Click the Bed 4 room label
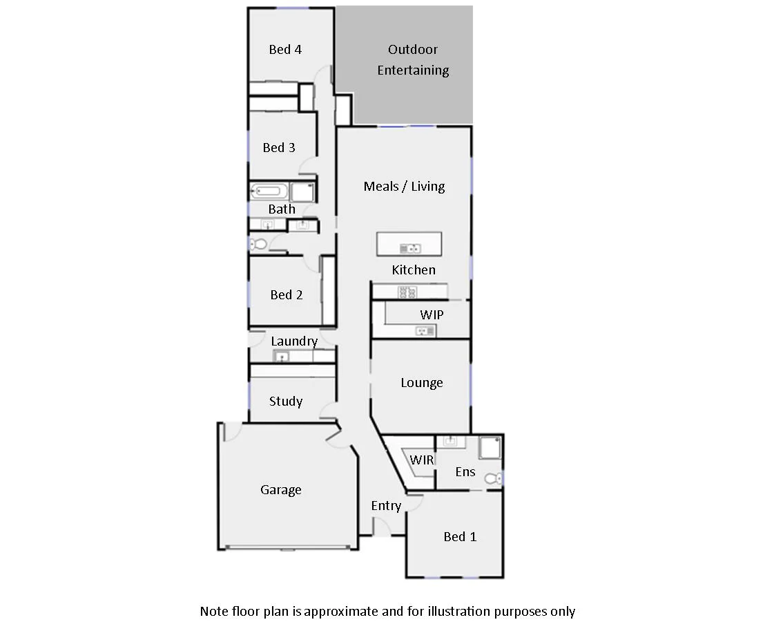[x=285, y=49]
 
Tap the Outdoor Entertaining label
[x=413, y=59]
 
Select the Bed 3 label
[x=279, y=147]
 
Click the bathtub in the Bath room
[x=268, y=191]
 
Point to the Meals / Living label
[x=404, y=186]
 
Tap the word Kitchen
[x=414, y=270]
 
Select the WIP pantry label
[x=432, y=314]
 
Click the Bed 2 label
[x=287, y=294]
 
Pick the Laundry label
[x=294, y=341]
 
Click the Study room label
[x=286, y=401]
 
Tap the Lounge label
[x=422, y=382]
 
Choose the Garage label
[x=281, y=489]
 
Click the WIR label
[x=421, y=460]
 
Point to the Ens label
[x=465, y=471]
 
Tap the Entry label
[x=386, y=505]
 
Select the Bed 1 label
[x=460, y=536]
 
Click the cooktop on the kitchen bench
[x=407, y=292]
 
